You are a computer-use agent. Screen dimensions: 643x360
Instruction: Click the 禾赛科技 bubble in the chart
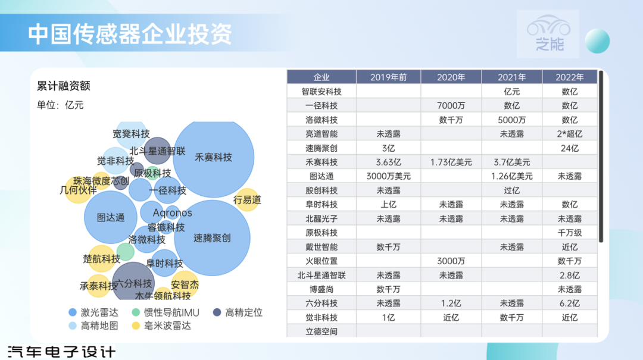(214, 158)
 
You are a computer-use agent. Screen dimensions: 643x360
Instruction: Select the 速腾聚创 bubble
(212, 238)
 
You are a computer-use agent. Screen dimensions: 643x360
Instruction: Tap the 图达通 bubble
(111, 217)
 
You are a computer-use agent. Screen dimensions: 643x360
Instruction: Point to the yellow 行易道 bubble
(247, 200)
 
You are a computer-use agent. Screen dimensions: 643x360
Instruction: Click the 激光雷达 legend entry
(93, 312)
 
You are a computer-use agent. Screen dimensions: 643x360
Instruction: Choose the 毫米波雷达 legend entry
(161, 326)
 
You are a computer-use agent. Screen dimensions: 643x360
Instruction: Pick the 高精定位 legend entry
(238, 312)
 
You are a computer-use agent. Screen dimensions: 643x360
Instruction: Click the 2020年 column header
(451, 77)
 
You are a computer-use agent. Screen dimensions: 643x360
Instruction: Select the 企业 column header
(321, 77)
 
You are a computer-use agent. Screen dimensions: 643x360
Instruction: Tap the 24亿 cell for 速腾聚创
(570, 148)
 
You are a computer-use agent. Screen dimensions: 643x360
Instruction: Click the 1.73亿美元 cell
(451, 162)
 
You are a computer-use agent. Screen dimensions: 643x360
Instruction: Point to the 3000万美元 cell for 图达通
(388, 176)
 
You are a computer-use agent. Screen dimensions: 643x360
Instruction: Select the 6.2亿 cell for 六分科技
(570, 303)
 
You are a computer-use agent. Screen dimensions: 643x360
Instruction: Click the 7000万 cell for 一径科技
(451, 106)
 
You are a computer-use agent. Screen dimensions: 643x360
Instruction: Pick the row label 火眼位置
(321, 261)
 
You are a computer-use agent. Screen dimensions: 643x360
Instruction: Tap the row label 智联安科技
(321, 92)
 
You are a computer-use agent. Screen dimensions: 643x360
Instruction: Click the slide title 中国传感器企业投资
(130, 34)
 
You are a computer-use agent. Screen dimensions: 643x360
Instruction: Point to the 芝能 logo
(548, 34)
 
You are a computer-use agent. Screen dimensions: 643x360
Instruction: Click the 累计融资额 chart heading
(64, 86)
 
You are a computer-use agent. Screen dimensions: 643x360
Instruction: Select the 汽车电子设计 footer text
(61, 352)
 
